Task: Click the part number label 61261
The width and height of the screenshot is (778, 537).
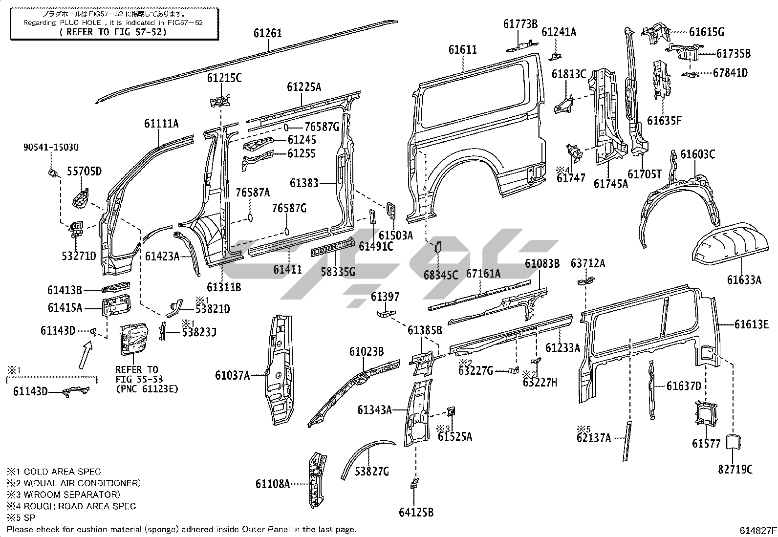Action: pyautogui.click(x=268, y=34)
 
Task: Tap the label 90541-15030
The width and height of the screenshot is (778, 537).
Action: pyautogui.click(x=51, y=147)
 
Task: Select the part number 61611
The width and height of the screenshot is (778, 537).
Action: pyautogui.click(x=462, y=50)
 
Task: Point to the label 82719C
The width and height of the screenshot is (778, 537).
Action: pyautogui.click(x=735, y=470)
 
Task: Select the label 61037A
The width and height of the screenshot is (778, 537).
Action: pyautogui.click(x=232, y=375)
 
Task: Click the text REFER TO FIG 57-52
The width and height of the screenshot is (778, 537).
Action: pyautogui.click(x=113, y=32)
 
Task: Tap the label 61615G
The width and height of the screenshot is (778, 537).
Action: pyautogui.click(x=706, y=32)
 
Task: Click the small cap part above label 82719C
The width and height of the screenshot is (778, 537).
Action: pyautogui.click(x=733, y=442)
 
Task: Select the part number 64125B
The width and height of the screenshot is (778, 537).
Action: pyautogui.click(x=416, y=512)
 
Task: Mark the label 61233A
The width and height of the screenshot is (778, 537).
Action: pyautogui.click(x=562, y=347)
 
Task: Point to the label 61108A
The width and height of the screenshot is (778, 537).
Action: pyautogui.click(x=272, y=484)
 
